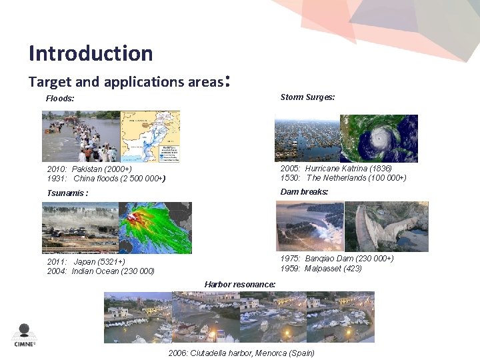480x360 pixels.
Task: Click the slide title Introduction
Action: click(x=91, y=53)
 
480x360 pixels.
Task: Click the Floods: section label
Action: click(x=60, y=99)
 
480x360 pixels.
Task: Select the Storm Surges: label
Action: click(x=307, y=97)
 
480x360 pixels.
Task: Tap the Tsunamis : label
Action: click(x=67, y=193)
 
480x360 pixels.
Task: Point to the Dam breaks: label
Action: click(x=304, y=192)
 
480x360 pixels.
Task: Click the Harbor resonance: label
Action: click(x=240, y=285)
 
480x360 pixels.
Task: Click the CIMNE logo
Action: click(x=25, y=335)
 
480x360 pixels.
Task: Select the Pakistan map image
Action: click(x=149, y=137)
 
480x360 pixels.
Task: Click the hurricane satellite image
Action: click(x=379, y=139)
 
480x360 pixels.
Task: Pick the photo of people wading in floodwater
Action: click(x=81, y=137)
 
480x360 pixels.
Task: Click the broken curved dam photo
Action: click(x=386, y=227)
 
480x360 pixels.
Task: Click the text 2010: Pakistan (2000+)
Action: click(x=89, y=169)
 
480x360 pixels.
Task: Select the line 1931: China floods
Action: click(x=106, y=179)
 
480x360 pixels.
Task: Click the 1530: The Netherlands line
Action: click(x=343, y=178)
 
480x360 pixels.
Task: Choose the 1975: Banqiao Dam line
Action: click(x=337, y=259)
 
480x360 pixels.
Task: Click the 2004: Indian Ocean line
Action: click(x=101, y=271)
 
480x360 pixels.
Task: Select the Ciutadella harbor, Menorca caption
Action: click(x=241, y=353)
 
